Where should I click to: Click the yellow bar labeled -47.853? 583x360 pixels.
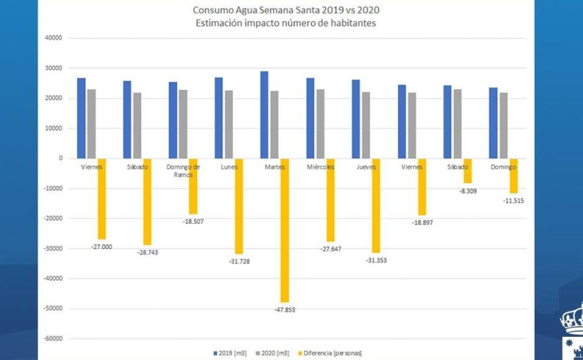click(284, 230)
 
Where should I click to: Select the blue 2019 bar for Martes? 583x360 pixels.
click(264, 115)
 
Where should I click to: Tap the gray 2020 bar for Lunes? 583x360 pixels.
click(228, 124)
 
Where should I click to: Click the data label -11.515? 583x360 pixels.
click(513, 201)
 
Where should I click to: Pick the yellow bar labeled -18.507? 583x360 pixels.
click(193, 186)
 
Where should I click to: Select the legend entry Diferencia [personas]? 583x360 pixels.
click(332, 353)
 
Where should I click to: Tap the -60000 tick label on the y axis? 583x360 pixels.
click(53, 338)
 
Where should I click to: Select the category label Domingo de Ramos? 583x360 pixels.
click(183, 171)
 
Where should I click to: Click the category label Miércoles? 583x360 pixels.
click(320, 167)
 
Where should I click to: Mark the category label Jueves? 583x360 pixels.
click(366, 167)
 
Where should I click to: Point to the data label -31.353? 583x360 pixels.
click(376, 260)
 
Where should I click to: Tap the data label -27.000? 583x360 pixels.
click(101, 247)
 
